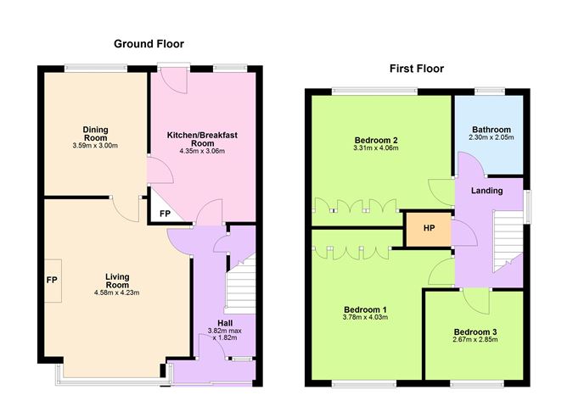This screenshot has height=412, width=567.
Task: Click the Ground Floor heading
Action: point(149,44)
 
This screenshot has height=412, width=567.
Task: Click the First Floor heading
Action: point(417,69)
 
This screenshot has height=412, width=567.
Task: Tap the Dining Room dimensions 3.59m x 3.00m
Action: point(95,146)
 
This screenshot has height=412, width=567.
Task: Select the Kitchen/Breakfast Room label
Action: point(202,139)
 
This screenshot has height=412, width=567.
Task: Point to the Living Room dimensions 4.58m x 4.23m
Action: point(117,292)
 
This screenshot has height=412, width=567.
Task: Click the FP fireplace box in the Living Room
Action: point(53,281)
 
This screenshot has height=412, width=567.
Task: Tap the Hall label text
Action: point(225,323)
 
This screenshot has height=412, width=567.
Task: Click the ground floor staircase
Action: point(240,284)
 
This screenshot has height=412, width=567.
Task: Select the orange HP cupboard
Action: point(429,229)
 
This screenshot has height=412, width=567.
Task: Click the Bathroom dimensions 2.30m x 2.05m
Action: point(491,137)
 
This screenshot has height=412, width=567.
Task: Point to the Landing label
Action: point(486,191)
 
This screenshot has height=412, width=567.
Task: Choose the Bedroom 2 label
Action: point(376,140)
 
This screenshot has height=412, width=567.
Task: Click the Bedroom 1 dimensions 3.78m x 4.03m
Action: point(365,317)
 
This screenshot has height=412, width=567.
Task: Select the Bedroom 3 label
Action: point(475,331)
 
